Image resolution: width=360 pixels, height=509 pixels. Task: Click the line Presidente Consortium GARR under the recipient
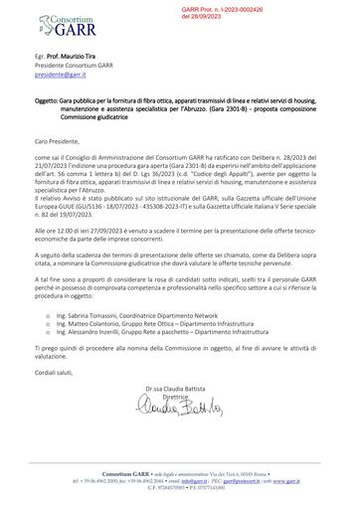pyautogui.click(x=83, y=75)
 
